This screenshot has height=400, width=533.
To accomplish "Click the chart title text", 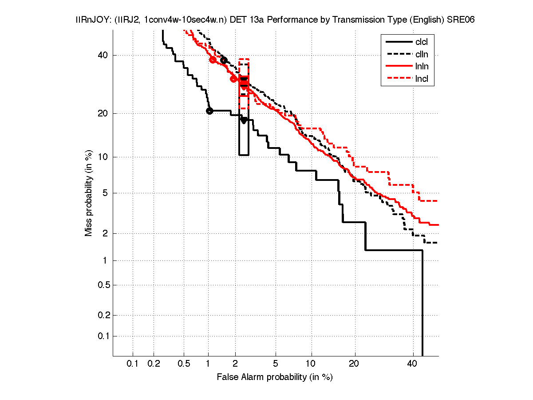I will pos(276,20).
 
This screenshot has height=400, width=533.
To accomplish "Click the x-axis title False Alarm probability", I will pos(275,377).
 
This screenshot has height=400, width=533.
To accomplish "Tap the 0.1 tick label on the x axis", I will pos(133,364).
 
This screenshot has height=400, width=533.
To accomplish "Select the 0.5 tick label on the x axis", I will pos(184,364).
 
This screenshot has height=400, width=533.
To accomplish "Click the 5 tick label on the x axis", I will pos(276,364).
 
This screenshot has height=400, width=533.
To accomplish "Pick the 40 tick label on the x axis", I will pos(412,364).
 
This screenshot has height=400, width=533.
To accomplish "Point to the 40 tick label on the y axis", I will pos(103,55).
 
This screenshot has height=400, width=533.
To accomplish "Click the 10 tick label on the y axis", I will pos(103,157).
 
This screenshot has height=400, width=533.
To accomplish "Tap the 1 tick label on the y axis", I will pos(105,260).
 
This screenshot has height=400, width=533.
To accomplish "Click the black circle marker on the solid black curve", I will pos(209,111).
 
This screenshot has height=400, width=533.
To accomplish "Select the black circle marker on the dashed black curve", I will pos(224,60).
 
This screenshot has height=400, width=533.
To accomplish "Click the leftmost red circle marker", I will pos(213,60).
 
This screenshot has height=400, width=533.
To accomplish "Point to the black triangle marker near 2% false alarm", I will pos(244,120).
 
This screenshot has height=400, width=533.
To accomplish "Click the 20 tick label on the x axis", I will pos(353,364).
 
